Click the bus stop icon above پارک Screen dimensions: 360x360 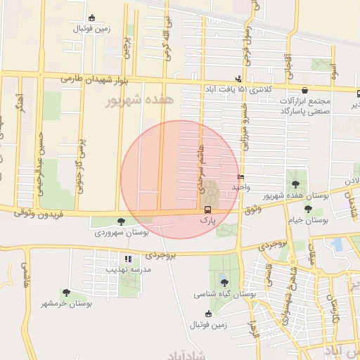click(x=207, y=210)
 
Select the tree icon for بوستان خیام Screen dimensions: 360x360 click(x=308, y=209)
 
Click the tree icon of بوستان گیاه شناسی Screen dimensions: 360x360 click(x=224, y=283)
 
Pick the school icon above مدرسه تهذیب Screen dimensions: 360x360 click(x=128, y=259)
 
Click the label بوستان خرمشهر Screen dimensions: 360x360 click(x=66, y=303)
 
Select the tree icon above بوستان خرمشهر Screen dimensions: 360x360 click(x=66, y=292)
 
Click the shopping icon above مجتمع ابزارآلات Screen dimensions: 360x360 click(x=304, y=90)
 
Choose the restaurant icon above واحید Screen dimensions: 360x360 click(x=241, y=177)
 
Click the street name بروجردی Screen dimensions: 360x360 click(x=275, y=247)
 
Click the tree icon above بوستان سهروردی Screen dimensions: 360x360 click(x=122, y=221)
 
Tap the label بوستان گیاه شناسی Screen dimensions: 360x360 click(x=224, y=294)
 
